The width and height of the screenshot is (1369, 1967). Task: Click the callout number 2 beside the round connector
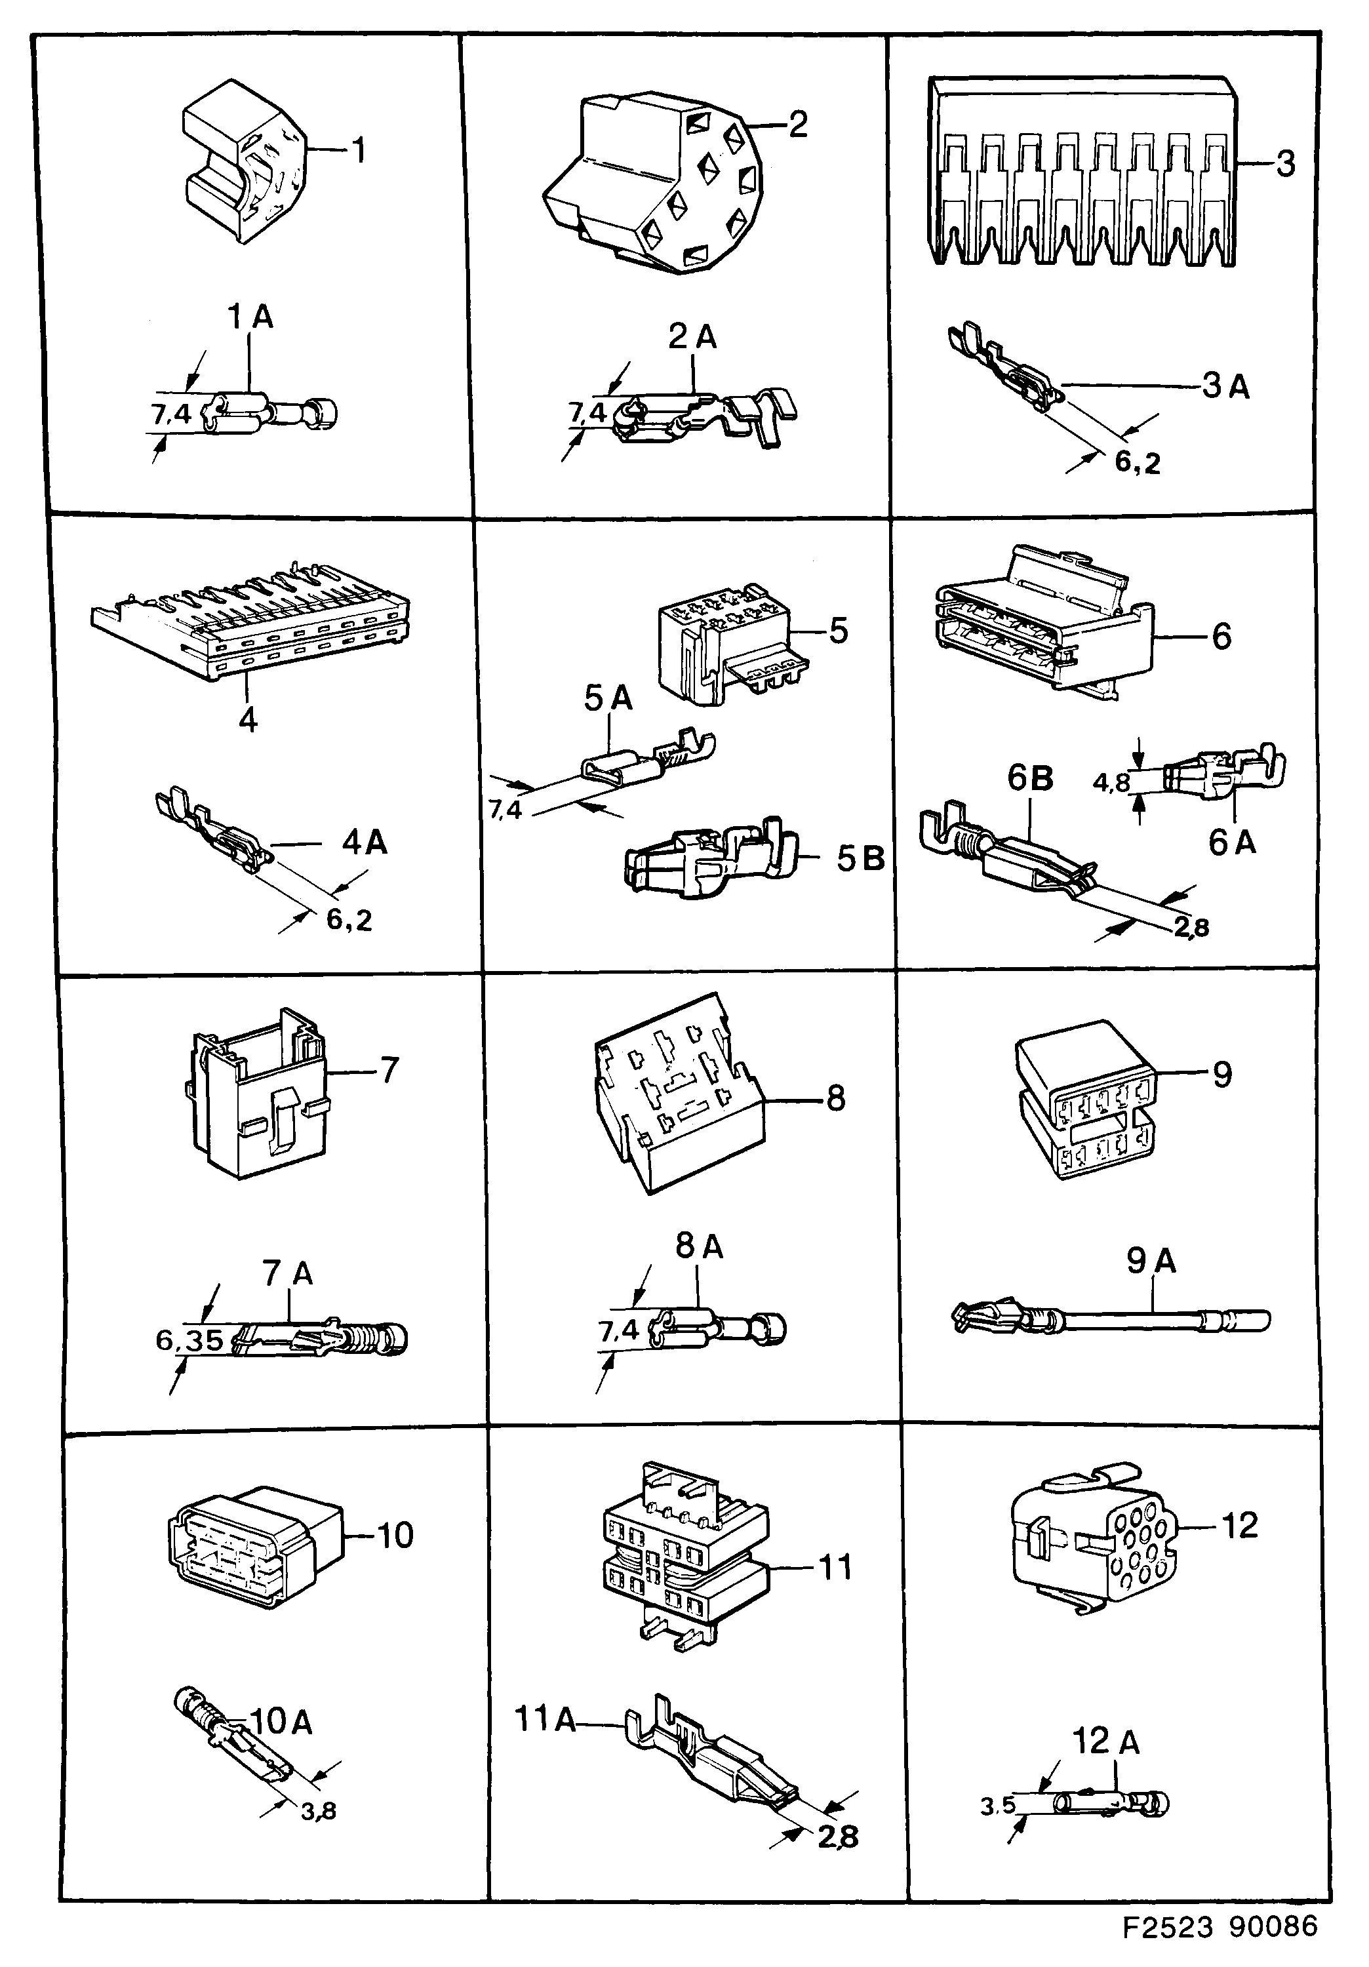pyautogui.click(x=797, y=125)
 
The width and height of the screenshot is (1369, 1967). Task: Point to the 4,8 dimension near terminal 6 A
pyautogui.click(x=1111, y=782)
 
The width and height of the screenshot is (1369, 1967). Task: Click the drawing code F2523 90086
pyautogui.click(x=1220, y=1927)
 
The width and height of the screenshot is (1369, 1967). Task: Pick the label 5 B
pyautogui.click(x=860, y=858)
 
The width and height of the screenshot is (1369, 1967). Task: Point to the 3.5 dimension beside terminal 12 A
pyautogui.click(x=997, y=1805)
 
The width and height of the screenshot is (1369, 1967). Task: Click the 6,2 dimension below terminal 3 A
pyautogui.click(x=1137, y=463)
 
